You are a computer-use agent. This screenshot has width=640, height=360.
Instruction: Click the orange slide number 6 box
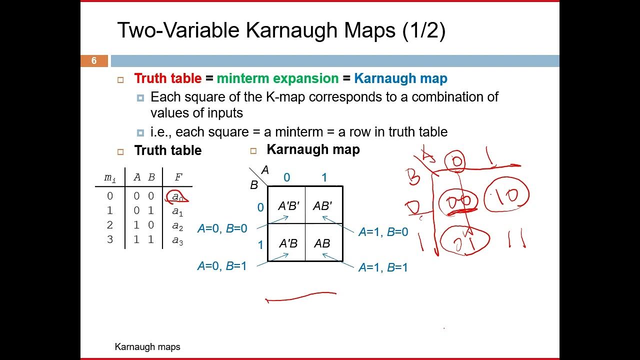(94, 61)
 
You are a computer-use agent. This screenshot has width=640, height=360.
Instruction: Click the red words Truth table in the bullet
(167, 78)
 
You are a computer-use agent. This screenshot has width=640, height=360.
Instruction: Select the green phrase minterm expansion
(277, 78)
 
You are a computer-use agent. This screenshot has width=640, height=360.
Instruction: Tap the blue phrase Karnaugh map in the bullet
(400, 78)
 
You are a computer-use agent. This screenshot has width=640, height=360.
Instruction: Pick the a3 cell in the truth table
(177, 240)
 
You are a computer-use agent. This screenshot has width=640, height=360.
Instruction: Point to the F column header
(178, 177)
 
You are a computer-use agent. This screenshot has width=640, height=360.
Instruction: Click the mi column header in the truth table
(109, 177)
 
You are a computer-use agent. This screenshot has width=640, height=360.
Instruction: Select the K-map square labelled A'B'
(288, 205)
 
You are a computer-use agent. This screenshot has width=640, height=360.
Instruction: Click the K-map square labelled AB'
(322, 205)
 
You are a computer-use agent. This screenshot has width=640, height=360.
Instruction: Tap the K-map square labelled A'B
(288, 243)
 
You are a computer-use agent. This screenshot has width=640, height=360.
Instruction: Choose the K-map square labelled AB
(322, 243)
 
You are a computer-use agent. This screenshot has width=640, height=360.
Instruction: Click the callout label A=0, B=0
(222, 228)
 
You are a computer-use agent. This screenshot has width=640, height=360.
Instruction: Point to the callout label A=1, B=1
(383, 267)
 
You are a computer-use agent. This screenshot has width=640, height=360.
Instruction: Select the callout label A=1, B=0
(383, 232)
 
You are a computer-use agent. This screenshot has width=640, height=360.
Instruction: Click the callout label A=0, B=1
(222, 266)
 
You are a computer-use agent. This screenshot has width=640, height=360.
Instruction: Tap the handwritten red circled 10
(506, 195)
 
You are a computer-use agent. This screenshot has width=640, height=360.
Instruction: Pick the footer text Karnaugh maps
(147, 346)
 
